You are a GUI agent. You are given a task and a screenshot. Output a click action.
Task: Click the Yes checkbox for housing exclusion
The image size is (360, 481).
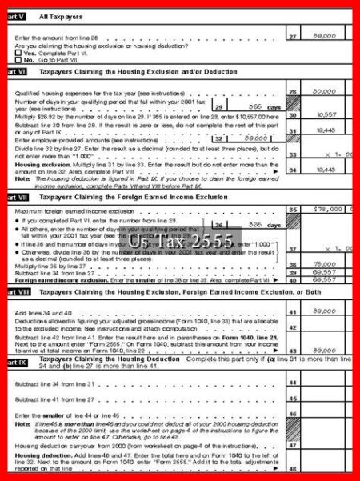pos(17,53)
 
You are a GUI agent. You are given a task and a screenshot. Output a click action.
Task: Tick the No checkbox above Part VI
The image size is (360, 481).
pos(17,60)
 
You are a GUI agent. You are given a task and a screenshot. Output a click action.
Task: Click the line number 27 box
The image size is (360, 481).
pos(293,37)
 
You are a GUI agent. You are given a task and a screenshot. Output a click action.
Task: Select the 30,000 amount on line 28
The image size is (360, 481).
pos(323,91)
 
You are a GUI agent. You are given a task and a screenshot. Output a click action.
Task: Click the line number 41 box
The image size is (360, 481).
pos(293,311)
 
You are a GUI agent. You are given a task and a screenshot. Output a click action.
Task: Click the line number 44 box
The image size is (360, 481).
pos(293,383)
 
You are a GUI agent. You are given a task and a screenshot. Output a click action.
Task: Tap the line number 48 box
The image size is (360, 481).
pos(293,468)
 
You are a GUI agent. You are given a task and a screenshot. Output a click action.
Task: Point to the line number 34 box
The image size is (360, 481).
pos(293,170)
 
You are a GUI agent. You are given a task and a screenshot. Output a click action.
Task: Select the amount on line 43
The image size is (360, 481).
pos(323,351)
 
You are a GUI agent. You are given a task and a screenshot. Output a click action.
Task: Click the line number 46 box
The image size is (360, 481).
pos(293,416)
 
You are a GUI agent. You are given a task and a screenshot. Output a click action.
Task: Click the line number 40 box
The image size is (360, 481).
pos(293,280)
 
